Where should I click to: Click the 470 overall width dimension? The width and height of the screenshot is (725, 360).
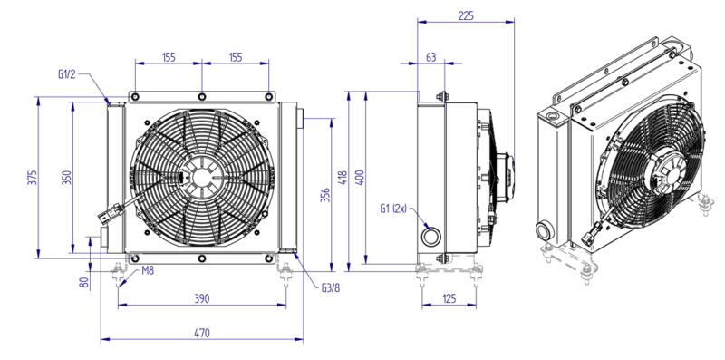tap(202, 332)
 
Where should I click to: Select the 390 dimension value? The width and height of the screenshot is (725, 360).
tap(202, 298)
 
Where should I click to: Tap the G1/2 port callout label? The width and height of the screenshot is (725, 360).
tap(67, 74)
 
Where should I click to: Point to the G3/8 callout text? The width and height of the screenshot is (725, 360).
tap(331, 288)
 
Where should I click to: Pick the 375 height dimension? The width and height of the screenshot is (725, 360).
tap(32, 178)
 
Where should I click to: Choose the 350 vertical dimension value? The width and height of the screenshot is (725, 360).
tap(67, 178)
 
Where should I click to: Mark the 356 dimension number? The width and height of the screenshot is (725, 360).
tap(325, 195)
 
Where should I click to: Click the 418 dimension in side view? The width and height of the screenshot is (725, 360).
tap(343, 178)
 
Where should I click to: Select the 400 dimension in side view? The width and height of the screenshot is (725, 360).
tap(360, 178)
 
